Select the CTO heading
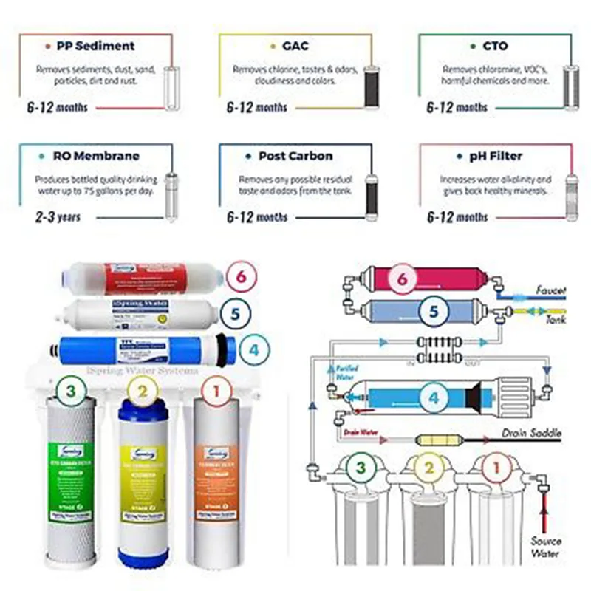pos(495,46)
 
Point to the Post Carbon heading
pos(295,156)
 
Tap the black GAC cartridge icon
pos(371,87)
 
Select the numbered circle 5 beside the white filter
pos(235,312)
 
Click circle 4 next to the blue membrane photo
pos(253,349)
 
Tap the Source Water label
pos(546,546)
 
